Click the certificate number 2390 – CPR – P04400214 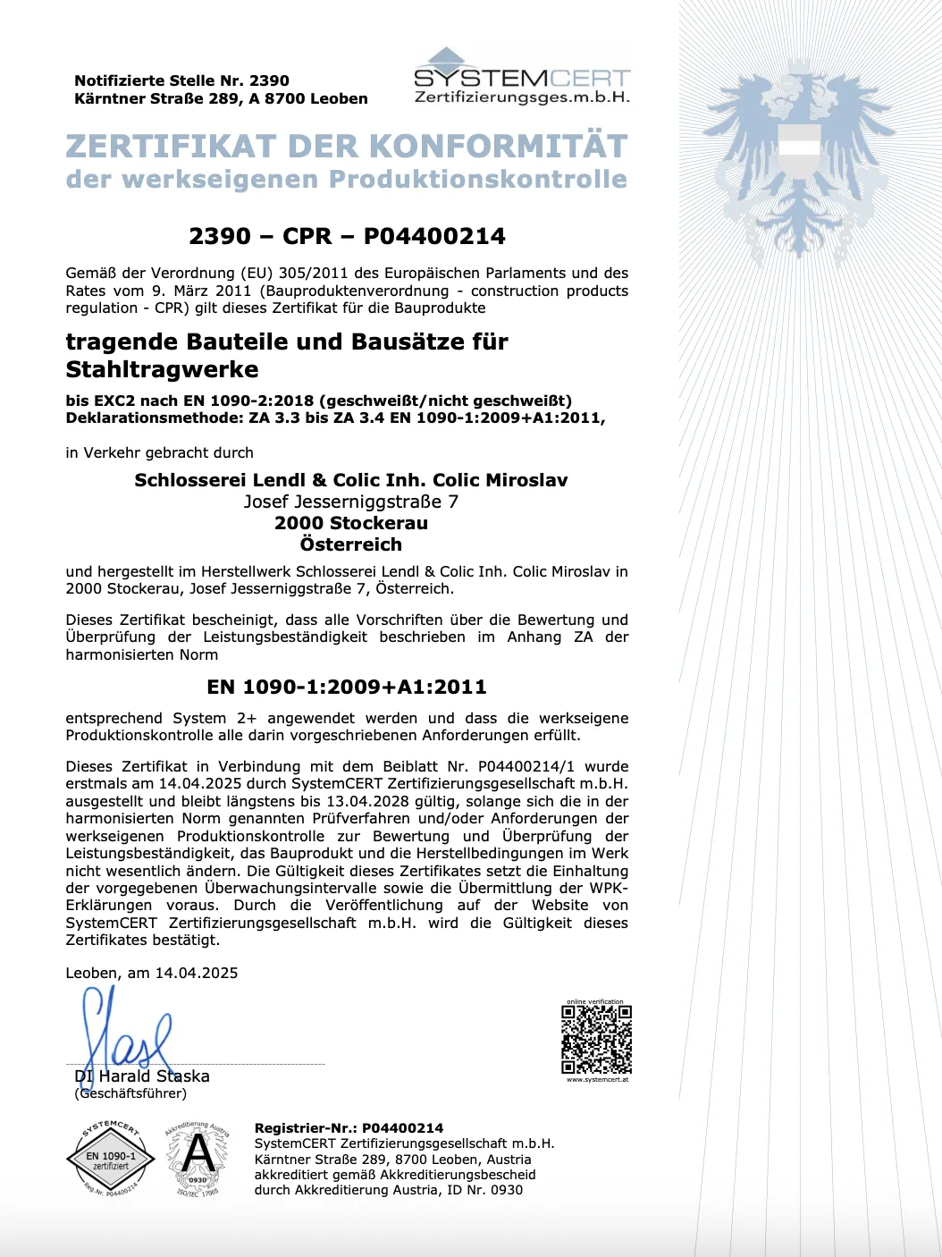pyautogui.click(x=347, y=236)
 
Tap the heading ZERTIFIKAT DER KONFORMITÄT pyautogui.click(x=347, y=147)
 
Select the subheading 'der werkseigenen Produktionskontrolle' pyautogui.click(x=347, y=179)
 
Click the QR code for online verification pyautogui.click(x=596, y=1040)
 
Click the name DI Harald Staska pyautogui.click(x=143, y=1076)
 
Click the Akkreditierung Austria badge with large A pyautogui.click(x=198, y=1159)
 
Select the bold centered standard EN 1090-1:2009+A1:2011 pyautogui.click(x=347, y=687)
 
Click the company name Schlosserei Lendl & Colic pyautogui.click(x=350, y=480)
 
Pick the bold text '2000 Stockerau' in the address pyautogui.click(x=350, y=523)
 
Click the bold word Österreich pyautogui.click(x=350, y=544)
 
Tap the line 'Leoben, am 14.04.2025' pyautogui.click(x=152, y=973)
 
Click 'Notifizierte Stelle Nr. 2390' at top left pyautogui.click(x=181, y=80)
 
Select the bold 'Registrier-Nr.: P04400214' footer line pyautogui.click(x=349, y=1128)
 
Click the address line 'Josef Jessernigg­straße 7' pyautogui.click(x=350, y=502)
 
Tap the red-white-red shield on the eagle pyautogui.click(x=801, y=151)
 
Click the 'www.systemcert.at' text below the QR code pyautogui.click(x=597, y=1080)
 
